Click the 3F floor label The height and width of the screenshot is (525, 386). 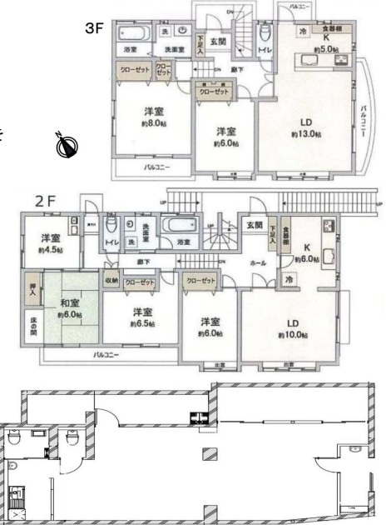(x=94, y=27)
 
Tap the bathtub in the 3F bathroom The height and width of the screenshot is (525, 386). (x=133, y=34)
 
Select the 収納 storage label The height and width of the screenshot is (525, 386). (x=111, y=281)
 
